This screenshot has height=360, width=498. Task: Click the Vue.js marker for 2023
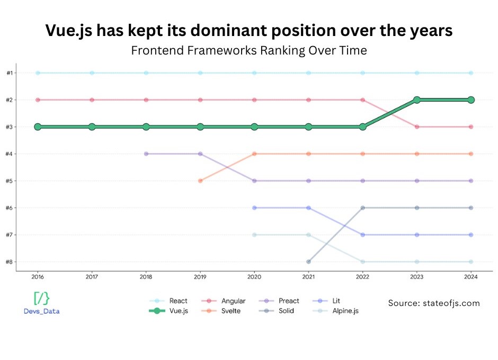417,100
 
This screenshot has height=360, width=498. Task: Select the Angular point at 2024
471,127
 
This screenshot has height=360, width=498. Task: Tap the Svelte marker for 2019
200,181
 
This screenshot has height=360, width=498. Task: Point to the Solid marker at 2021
308,262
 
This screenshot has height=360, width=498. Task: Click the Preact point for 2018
146,154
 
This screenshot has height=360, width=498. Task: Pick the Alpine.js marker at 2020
254,235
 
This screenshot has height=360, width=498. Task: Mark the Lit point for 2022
363,235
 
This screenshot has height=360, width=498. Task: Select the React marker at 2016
38,73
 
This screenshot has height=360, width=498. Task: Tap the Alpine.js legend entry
344,311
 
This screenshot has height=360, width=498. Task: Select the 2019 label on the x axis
200,276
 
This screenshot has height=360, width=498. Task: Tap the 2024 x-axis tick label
471,276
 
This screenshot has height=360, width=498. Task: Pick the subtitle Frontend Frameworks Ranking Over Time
248,51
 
